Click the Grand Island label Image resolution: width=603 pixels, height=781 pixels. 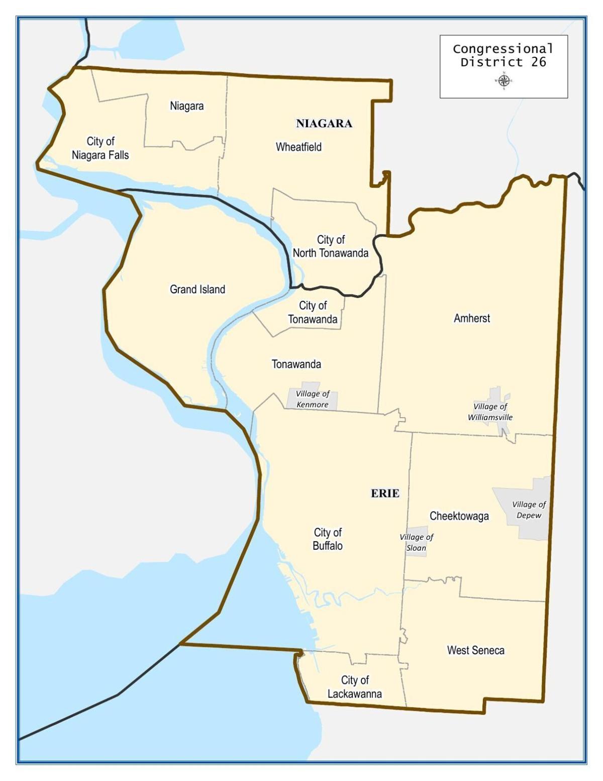point(197,289)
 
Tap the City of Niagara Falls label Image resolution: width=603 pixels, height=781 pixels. point(100,148)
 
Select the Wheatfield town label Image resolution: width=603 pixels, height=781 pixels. point(298,147)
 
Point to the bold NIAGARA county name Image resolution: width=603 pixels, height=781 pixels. point(324,124)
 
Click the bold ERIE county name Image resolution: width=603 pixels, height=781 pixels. point(385,494)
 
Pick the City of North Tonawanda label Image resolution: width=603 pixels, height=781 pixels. point(331,246)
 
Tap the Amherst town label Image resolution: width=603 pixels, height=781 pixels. point(472,318)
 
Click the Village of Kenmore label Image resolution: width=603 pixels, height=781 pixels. point(313,400)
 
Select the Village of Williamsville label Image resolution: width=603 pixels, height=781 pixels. point(490,412)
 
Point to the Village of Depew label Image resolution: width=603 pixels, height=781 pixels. point(529,510)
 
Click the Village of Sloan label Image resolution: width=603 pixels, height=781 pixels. point(416,543)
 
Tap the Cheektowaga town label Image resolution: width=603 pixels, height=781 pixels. point(459,516)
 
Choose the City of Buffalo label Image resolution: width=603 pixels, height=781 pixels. point(328,539)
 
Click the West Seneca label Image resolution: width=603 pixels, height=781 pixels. point(475,650)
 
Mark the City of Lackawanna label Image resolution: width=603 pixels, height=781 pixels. point(355,687)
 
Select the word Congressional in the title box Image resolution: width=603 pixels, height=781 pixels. point(502,49)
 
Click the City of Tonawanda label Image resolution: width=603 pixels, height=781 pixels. point(313,312)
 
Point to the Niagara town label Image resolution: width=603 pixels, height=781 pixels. point(187,106)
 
